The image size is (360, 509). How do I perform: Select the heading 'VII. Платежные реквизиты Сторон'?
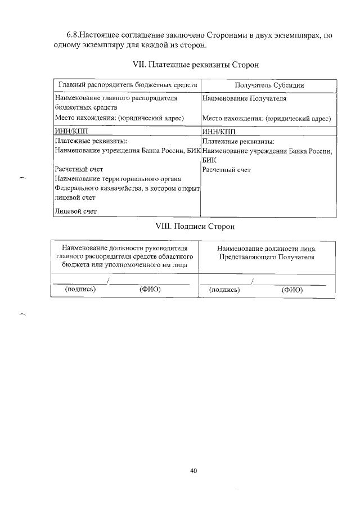195,65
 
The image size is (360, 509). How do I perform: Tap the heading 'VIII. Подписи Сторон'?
194,227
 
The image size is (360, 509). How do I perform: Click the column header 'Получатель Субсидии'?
269,85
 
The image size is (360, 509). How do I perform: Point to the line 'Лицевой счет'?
75,211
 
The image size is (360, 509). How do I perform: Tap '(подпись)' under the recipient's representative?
224,290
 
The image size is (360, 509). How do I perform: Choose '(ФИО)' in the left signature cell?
150,290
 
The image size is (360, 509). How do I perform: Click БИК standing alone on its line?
209,160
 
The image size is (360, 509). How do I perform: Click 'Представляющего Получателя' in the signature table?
267,256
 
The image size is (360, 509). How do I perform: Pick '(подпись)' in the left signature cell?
80,290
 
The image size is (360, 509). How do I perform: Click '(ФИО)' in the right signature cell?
292,290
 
